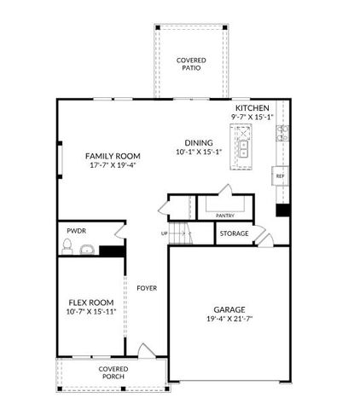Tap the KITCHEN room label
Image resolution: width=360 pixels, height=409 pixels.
(x=253, y=109)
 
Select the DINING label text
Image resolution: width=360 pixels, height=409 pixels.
(x=198, y=143)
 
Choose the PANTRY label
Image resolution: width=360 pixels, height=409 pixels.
(x=225, y=216)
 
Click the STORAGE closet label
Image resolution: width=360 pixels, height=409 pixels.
(x=234, y=233)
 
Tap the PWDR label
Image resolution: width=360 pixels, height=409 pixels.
(x=76, y=231)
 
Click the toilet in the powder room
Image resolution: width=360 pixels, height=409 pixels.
(x=67, y=247)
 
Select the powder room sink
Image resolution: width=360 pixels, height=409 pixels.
(x=86, y=250)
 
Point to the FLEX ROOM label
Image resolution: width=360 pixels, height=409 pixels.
(x=90, y=302)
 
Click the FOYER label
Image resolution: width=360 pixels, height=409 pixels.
(x=147, y=288)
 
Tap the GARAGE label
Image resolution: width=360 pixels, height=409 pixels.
(x=229, y=309)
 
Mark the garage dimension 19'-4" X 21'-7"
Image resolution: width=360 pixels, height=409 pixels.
(x=229, y=320)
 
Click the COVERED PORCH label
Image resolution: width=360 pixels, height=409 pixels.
(x=113, y=373)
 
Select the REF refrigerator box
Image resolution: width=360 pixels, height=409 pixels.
(x=279, y=176)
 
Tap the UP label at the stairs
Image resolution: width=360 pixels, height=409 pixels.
(x=164, y=233)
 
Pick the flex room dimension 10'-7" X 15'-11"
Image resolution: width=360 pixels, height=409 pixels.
(x=92, y=312)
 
